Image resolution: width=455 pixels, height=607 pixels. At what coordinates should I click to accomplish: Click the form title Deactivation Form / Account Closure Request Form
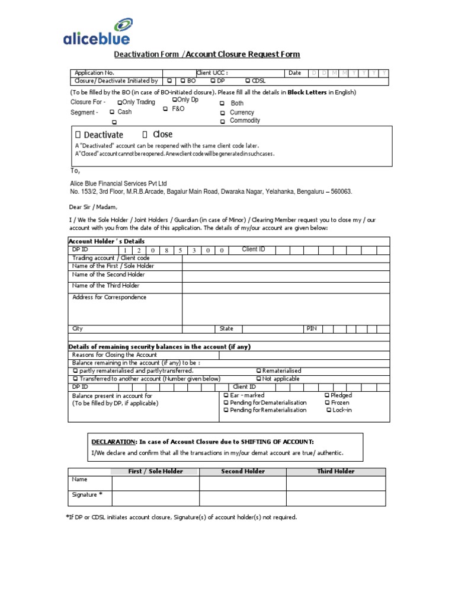pyautogui.click(x=207, y=55)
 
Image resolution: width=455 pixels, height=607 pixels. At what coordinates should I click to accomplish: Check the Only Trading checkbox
pyautogui.click(x=120, y=103)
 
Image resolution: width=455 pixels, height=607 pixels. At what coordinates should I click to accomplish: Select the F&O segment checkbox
pyautogui.click(x=166, y=109)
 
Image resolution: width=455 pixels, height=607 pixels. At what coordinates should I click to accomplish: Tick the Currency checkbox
pyautogui.click(x=223, y=113)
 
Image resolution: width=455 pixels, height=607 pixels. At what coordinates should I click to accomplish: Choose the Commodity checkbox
pyautogui.click(x=223, y=121)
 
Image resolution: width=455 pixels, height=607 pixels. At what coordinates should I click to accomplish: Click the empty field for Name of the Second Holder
pyautogui.click(x=286, y=275)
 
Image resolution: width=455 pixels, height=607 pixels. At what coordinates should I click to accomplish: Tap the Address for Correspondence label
pyautogui.click(x=109, y=298)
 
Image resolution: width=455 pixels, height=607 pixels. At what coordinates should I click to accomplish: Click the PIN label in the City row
pyautogui.click(x=311, y=328)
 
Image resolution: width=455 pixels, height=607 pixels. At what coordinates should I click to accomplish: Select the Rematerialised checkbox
pyautogui.click(x=258, y=370)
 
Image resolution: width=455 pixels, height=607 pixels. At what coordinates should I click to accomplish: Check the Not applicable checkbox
pyautogui.click(x=258, y=379)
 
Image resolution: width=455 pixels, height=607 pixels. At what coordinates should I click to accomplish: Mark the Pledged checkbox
pyautogui.click(x=327, y=395)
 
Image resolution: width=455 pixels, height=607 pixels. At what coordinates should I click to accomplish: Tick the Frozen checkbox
pyautogui.click(x=327, y=402)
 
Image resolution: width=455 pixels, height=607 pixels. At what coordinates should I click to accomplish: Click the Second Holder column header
pyautogui.click(x=243, y=471)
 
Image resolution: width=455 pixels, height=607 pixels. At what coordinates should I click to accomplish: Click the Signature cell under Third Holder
pyautogui.click(x=336, y=497)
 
